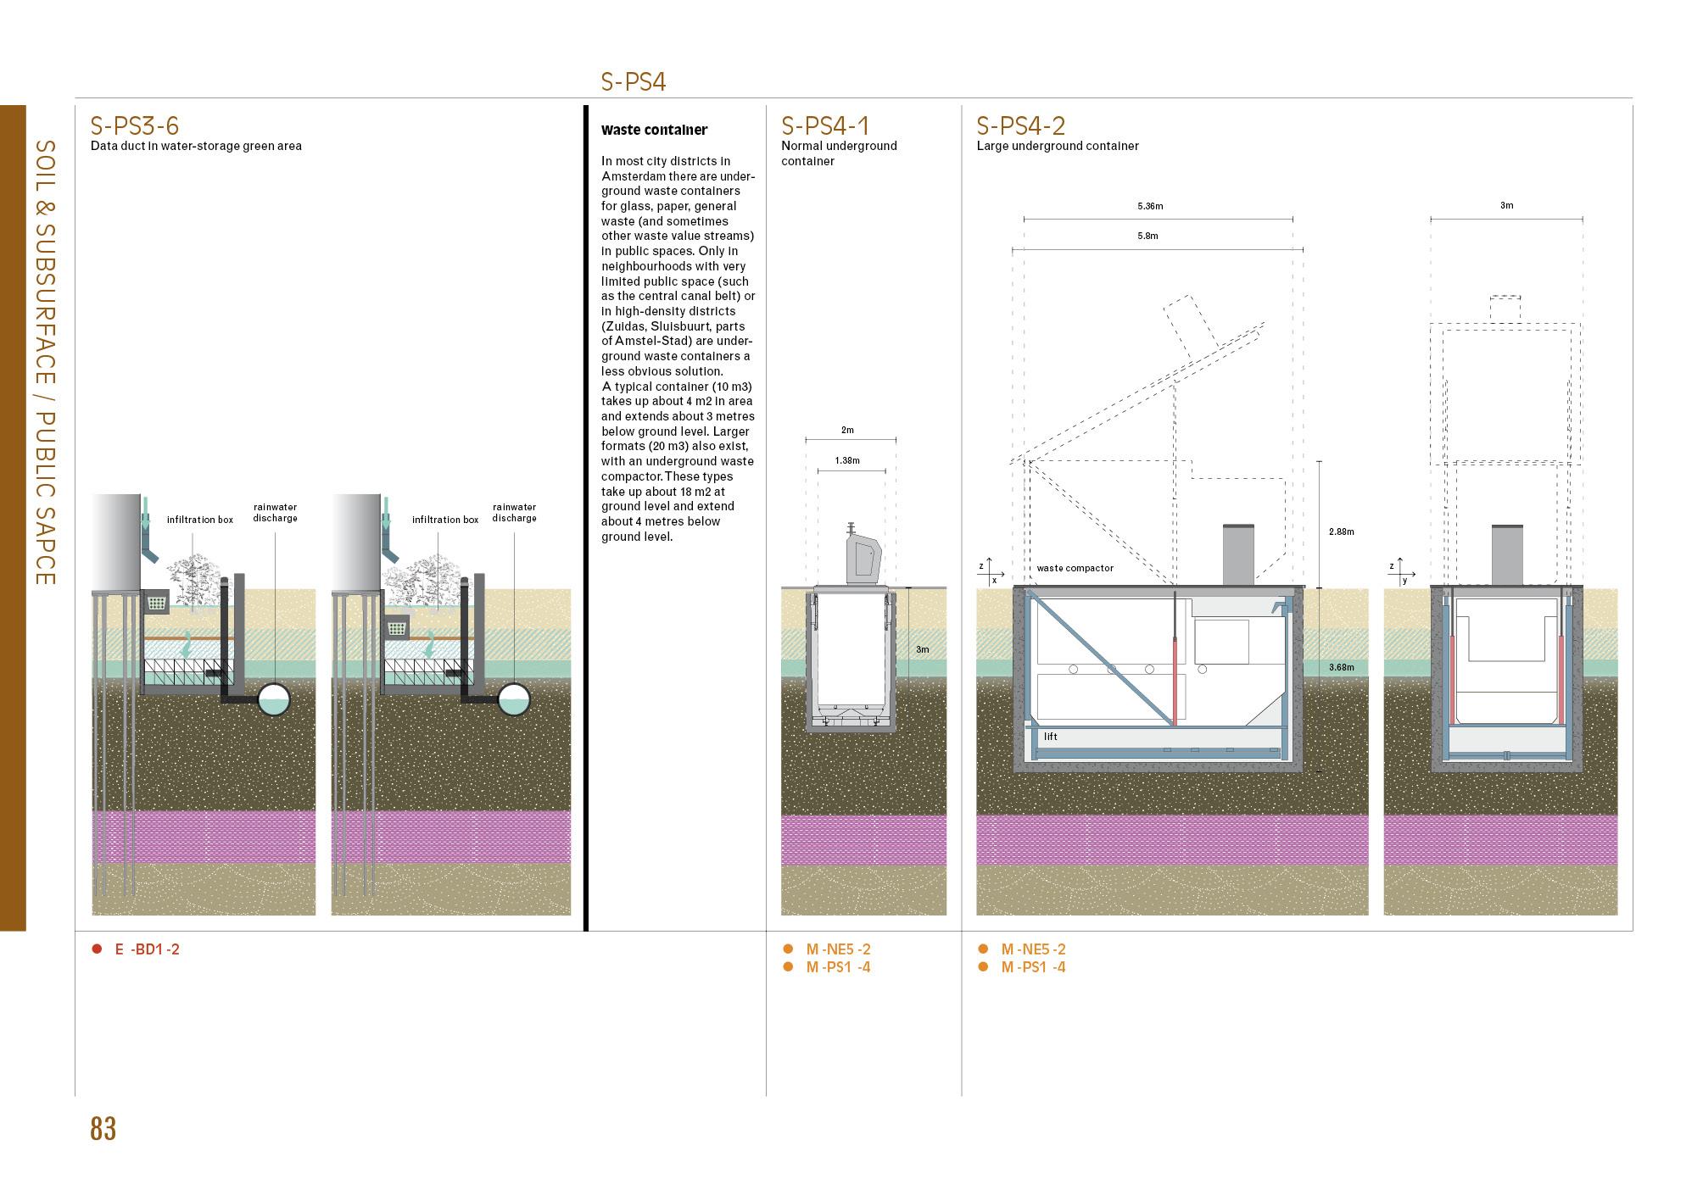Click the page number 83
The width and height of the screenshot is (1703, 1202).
[x=103, y=1129]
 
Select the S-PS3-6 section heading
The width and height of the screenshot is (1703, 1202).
[x=135, y=125]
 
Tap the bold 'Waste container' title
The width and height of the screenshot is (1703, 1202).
[x=654, y=131]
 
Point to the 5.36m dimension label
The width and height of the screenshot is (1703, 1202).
[x=1150, y=206]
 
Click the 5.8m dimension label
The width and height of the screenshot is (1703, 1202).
[x=1147, y=236]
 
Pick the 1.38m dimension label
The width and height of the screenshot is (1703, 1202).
[x=847, y=460]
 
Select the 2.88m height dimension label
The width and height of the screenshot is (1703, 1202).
[x=1341, y=531]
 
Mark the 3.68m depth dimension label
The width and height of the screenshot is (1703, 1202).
[x=1341, y=667]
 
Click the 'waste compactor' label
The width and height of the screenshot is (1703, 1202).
[x=1075, y=568]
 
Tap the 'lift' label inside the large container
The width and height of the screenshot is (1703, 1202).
[x=1051, y=737]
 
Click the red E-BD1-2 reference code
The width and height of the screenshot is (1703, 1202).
[x=147, y=949]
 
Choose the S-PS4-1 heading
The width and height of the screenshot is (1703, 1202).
[x=825, y=125]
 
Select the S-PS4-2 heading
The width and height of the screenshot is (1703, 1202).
[x=1020, y=125]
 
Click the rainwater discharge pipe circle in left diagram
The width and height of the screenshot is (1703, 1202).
[x=273, y=699]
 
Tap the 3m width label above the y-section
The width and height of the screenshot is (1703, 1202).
[x=1506, y=205]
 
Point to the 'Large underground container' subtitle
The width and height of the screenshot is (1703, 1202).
[x=1057, y=146]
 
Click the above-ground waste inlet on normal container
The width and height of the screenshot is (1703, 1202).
[x=862, y=554]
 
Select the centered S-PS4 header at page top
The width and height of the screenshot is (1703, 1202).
[x=633, y=81]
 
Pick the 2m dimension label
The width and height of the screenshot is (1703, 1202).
[x=847, y=430]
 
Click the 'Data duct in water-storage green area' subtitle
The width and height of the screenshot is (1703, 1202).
[x=196, y=146]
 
